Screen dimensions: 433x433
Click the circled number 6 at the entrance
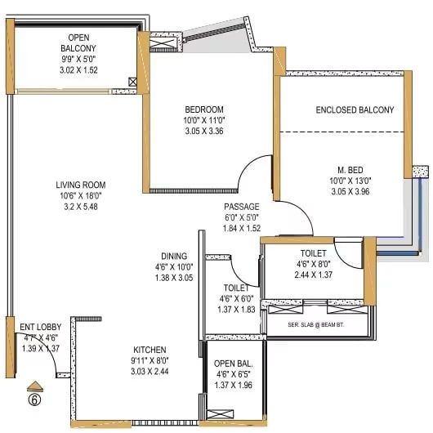(x=35, y=400)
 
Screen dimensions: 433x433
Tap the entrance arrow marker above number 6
(x=35, y=386)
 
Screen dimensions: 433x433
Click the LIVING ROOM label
(x=81, y=185)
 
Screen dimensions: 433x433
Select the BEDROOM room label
(x=204, y=109)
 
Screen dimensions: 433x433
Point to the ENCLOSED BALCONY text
(x=355, y=110)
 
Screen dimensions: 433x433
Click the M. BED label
(x=350, y=170)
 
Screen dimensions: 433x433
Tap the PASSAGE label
(x=242, y=207)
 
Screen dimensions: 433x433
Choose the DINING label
(x=174, y=256)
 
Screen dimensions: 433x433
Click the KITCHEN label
(x=150, y=350)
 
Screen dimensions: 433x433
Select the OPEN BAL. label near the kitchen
(x=234, y=364)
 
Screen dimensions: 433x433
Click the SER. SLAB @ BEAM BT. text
(x=316, y=325)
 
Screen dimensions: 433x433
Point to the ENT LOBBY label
(x=41, y=327)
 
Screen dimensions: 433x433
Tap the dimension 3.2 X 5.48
(x=81, y=207)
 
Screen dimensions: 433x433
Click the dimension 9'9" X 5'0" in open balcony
(x=78, y=59)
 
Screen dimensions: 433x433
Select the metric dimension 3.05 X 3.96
(x=350, y=191)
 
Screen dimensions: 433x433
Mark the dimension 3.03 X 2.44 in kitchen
(x=150, y=371)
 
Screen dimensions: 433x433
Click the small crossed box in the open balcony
(x=132, y=82)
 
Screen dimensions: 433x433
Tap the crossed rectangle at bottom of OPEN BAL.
(x=220, y=414)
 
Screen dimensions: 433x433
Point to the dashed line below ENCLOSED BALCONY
(x=341, y=132)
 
